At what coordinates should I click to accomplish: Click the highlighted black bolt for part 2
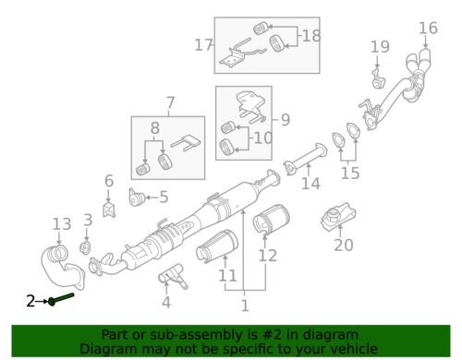click(x=61, y=298)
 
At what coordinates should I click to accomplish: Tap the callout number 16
click(x=428, y=28)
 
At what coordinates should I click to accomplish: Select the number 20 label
click(x=344, y=246)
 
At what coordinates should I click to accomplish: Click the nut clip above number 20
click(x=338, y=214)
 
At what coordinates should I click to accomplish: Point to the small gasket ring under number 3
click(x=85, y=247)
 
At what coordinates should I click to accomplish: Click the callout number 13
click(x=62, y=224)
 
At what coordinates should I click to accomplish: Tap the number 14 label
click(x=310, y=184)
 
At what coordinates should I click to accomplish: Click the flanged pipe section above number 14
click(x=305, y=160)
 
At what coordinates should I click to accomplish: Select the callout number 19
click(x=380, y=47)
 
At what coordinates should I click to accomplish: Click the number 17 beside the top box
click(x=203, y=45)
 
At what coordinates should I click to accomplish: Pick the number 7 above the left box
click(x=170, y=102)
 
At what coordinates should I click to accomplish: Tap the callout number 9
click(x=286, y=119)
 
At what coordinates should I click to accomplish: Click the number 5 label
click(x=164, y=197)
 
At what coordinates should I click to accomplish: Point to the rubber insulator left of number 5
click(x=137, y=197)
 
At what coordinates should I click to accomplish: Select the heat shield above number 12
click(x=272, y=220)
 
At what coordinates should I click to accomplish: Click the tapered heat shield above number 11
click(x=217, y=246)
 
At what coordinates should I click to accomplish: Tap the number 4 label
click(x=166, y=303)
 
